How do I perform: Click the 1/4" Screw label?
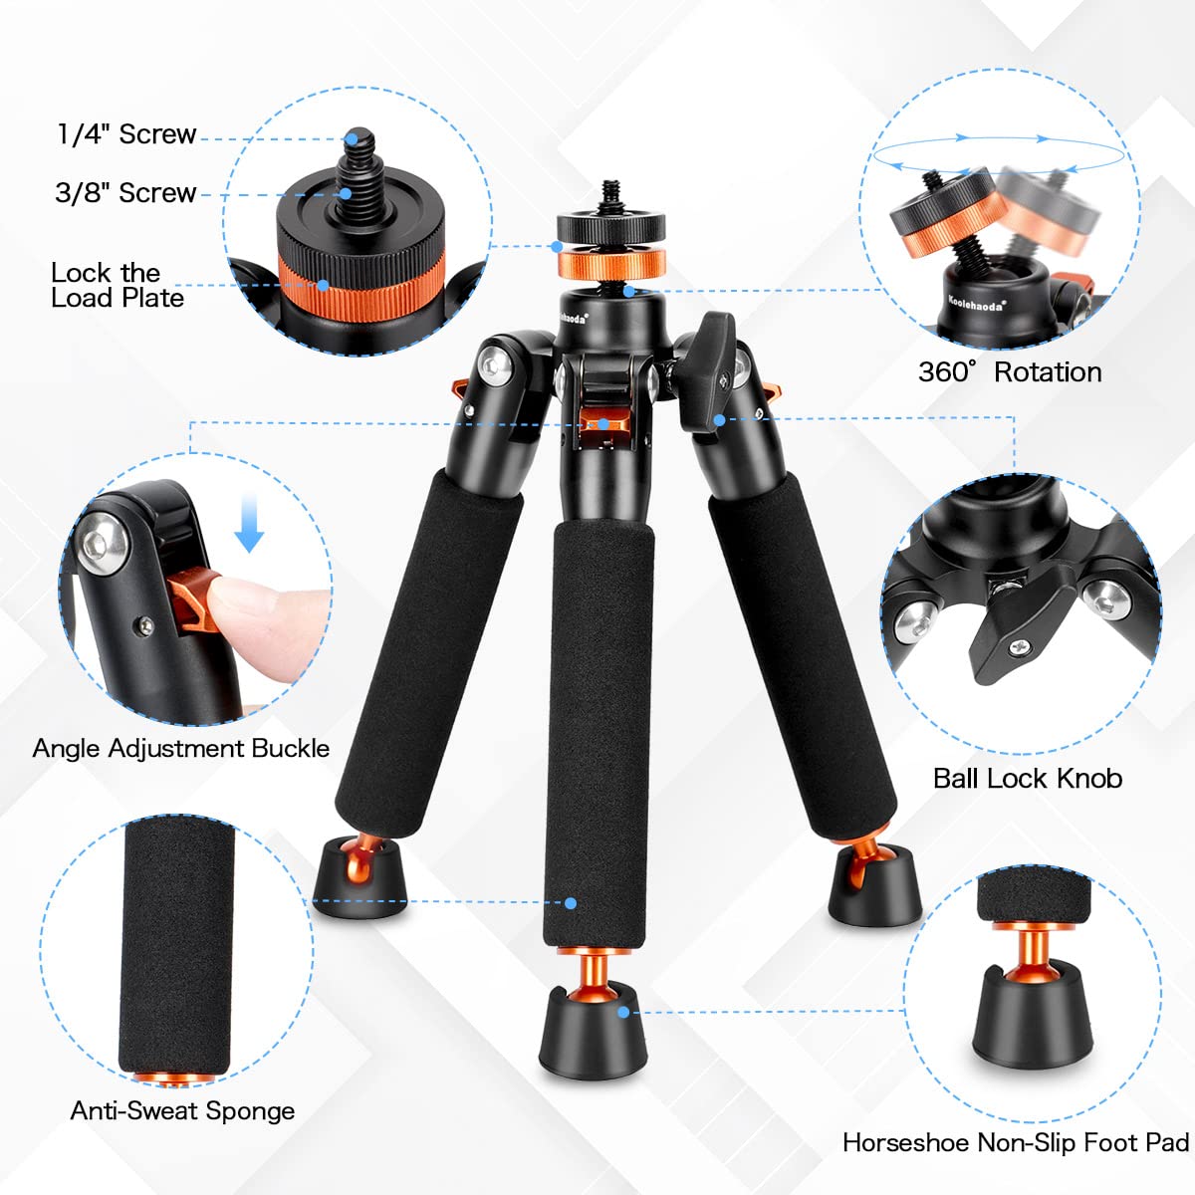coord(126,134)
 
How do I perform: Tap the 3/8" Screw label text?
coord(125,193)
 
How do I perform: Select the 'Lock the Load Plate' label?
coord(117,285)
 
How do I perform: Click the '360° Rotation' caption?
coord(1009,372)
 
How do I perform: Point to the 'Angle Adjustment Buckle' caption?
coord(180,749)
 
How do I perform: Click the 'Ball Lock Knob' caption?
coord(1027,779)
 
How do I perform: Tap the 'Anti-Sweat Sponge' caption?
coord(182,1110)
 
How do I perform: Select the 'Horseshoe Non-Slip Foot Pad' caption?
coord(1015,1142)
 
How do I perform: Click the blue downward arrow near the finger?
coord(249,527)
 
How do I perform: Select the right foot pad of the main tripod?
coord(875,886)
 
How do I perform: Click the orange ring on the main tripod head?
coord(610,265)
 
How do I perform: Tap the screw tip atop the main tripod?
coord(609,188)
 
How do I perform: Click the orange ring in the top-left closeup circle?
coord(349,283)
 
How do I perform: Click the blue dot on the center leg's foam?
coord(571,903)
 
